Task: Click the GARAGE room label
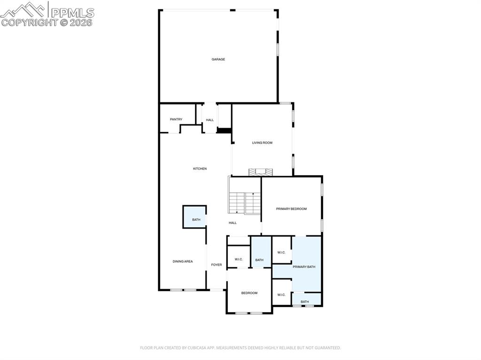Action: [218, 59]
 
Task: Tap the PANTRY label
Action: [176, 119]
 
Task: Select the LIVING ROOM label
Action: [262, 143]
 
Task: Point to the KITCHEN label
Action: [200, 169]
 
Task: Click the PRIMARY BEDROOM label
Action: [291, 209]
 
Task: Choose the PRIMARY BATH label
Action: [304, 267]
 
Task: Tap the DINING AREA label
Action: [183, 261]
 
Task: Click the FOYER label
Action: [216, 265]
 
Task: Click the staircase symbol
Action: [245, 203]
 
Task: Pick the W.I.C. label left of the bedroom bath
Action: [238, 260]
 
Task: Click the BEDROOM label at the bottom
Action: [249, 293]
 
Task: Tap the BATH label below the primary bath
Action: [305, 301]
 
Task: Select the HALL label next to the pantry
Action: [209, 120]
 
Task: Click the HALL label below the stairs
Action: [233, 223]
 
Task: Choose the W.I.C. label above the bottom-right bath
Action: [281, 295]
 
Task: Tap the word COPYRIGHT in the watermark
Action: [29, 22]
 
